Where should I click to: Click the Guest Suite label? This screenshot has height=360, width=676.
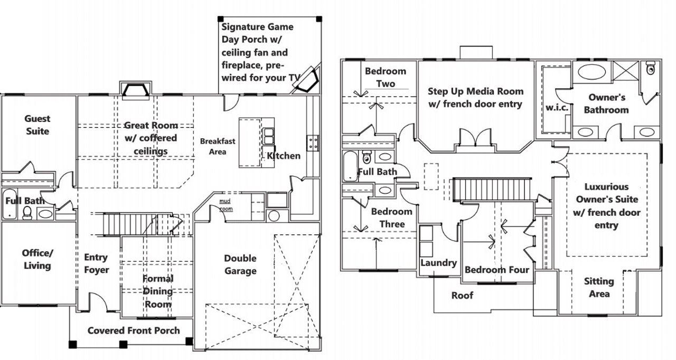[x=37, y=125]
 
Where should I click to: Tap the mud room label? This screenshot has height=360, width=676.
[x=226, y=205]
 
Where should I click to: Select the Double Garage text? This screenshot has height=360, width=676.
[x=240, y=264]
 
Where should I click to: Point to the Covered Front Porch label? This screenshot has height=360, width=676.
[x=134, y=331]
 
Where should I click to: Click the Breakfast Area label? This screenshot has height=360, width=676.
[x=218, y=146]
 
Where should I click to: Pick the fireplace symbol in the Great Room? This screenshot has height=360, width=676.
[x=136, y=90]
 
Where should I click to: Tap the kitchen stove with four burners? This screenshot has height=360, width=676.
[x=313, y=142]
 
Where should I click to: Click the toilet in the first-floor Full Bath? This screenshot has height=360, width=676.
[x=27, y=212]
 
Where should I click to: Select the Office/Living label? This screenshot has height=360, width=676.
[x=37, y=259]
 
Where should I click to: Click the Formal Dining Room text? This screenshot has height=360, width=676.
[x=158, y=291]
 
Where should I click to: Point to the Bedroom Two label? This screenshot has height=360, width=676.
[x=386, y=77]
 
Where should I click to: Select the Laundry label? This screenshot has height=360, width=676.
[x=438, y=263]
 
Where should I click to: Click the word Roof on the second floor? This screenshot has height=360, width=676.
[x=462, y=295]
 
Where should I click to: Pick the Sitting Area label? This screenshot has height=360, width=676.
[x=599, y=288]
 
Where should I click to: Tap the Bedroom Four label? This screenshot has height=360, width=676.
[x=496, y=270]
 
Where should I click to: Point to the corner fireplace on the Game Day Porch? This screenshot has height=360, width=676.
[x=308, y=79]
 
